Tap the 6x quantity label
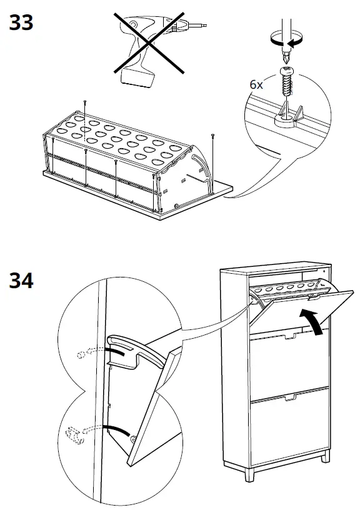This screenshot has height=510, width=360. coord(256,84)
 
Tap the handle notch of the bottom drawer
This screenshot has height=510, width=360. coord(291,397)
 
